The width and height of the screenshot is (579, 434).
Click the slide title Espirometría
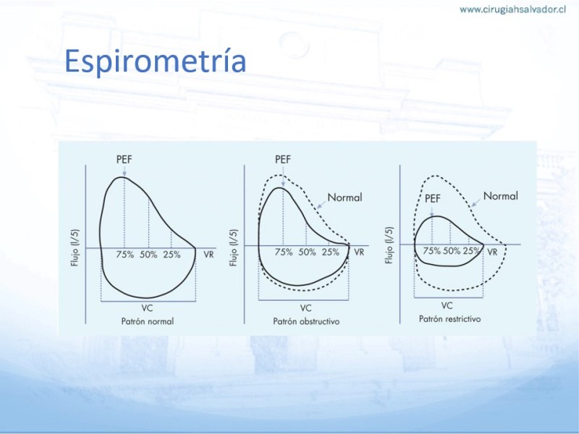[155, 61]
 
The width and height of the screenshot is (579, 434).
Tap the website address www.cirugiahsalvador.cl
[513, 10]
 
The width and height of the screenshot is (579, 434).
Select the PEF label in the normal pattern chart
[124, 159]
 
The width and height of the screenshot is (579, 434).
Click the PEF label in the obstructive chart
[283, 159]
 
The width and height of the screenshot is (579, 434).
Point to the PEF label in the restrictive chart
[432, 198]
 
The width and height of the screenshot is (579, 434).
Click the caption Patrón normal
[148, 321]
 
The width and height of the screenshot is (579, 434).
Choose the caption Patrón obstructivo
[306, 321]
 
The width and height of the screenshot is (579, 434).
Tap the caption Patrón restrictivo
[449, 319]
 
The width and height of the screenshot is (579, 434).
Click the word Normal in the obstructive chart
[345, 197]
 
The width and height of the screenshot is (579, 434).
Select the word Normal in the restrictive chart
[501, 196]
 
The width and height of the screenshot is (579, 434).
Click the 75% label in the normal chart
[125, 255]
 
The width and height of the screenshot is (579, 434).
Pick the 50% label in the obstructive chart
[307, 252]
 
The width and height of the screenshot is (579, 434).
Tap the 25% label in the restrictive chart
[471, 251]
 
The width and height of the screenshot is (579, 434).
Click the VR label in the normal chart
[208, 255]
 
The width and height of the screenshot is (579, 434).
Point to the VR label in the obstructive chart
[359, 252]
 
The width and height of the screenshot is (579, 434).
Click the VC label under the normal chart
[147, 308]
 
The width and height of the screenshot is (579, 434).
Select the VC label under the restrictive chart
[447, 306]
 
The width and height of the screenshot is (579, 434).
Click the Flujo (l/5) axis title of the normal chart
[75, 247]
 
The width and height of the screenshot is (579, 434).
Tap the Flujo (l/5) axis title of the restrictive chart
[389, 245]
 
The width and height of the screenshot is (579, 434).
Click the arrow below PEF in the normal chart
[124, 171]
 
